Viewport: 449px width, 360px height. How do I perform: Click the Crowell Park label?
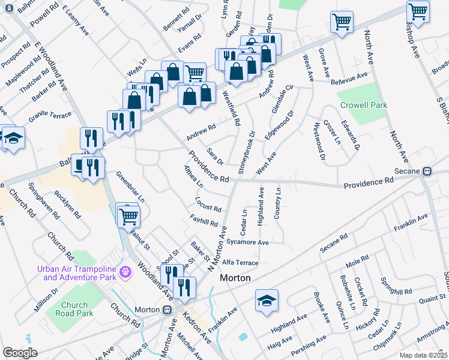tap(364, 105)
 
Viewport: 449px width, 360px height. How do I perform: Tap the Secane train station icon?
tap(427, 170)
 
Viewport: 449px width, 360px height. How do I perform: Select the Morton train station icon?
tap(169, 310)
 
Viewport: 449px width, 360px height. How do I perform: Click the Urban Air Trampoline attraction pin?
tap(125, 272)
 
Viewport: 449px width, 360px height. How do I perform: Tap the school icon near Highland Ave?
tap(267, 300)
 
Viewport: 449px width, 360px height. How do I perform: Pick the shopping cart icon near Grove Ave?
tap(342, 22)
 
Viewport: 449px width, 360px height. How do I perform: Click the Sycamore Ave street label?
tap(247, 242)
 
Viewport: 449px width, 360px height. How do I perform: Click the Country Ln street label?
tap(278, 203)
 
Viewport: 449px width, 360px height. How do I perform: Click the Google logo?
tap(20, 353)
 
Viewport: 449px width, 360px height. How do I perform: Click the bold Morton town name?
tap(235, 278)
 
